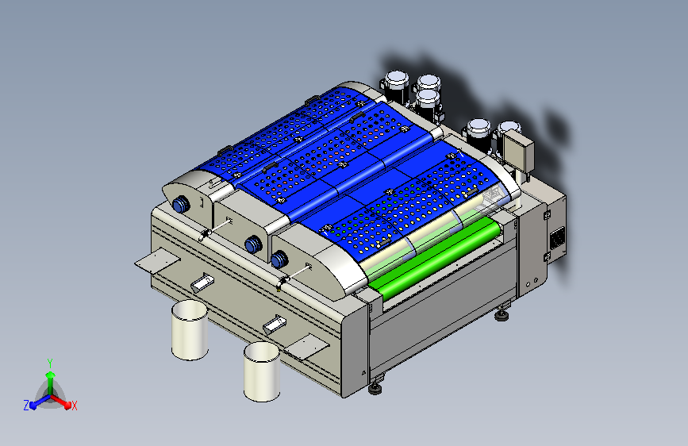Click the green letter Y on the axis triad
[x=50, y=363]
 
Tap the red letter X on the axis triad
[x=74, y=406]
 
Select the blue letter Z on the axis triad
[x=26, y=406]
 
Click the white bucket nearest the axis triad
[x=190, y=330]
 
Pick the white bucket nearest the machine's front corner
[x=262, y=372]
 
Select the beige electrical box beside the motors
[x=518, y=152]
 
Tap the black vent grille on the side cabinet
[x=557, y=239]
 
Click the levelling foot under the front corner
[x=375, y=387]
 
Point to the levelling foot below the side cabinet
[x=502, y=315]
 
